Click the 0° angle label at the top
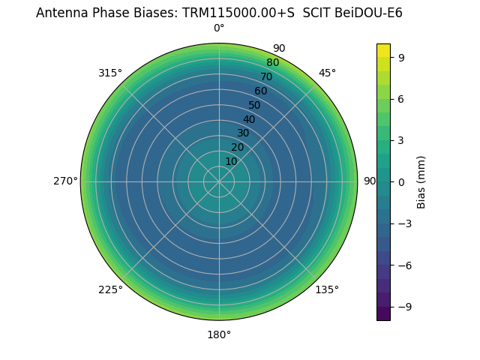[x=219, y=28]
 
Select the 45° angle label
[x=327, y=73]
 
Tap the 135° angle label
[x=327, y=289]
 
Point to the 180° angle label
[x=219, y=334]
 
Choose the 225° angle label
[x=110, y=289]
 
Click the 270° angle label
[x=65, y=181]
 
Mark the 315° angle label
[x=110, y=73]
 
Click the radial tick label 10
[x=231, y=161]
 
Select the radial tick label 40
[x=249, y=119]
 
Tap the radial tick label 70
[x=266, y=77]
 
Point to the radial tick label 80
[x=272, y=63]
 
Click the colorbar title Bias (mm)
[x=421, y=181]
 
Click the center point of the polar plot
[x=219, y=181]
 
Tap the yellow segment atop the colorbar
[x=383, y=50]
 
